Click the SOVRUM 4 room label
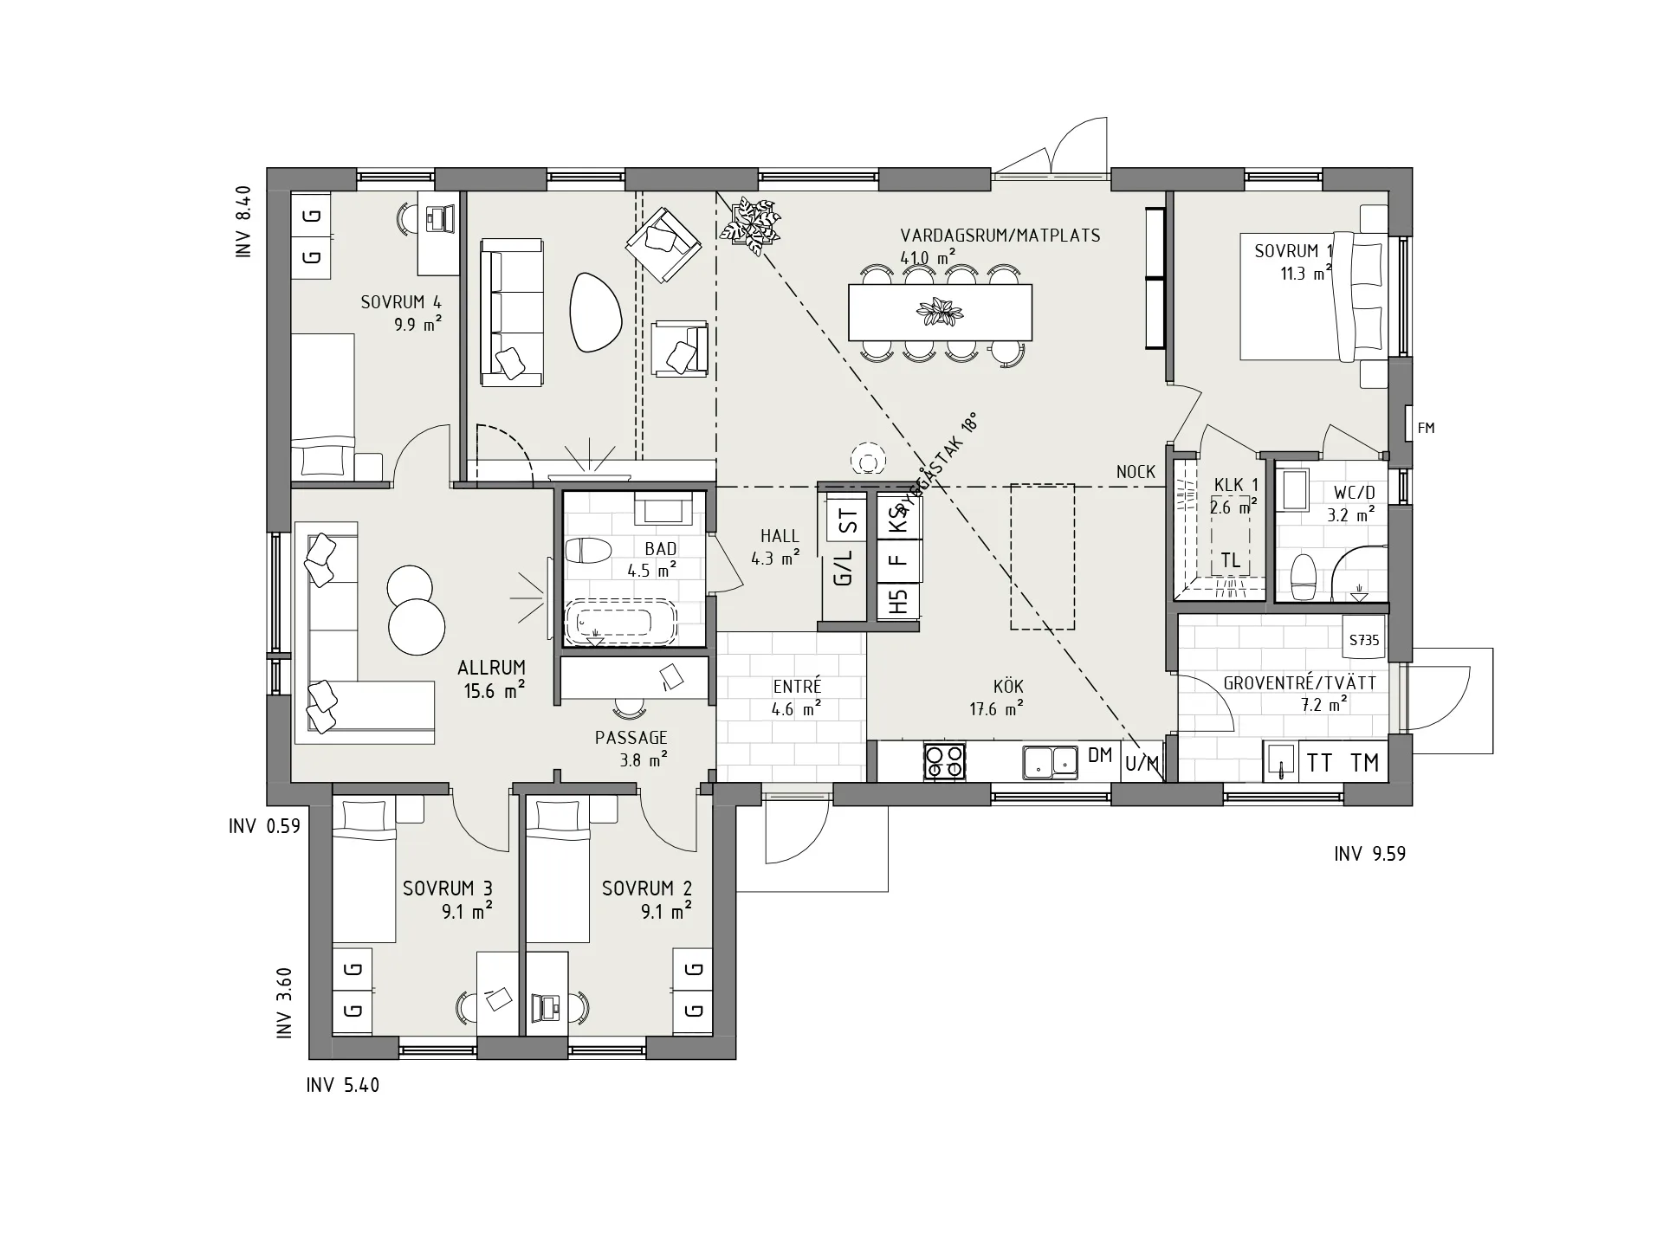(401, 302)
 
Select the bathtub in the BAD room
(619, 622)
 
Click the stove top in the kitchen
(944, 762)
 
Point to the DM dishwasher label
(1100, 755)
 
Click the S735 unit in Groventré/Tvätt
(1364, 642)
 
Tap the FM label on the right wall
(1426, 428)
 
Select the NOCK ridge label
(1136, 472)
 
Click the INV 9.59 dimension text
(1369, 854)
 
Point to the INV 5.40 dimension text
(343, 1085)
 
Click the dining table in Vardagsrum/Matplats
(940, 312)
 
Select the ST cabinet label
(849, 521)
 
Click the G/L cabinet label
(843, 567)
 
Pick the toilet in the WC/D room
(1303, 576)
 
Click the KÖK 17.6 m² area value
(996, 709)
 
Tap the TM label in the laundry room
(1365, 762)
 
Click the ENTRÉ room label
(797, 687)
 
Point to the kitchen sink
(1050, 761)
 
